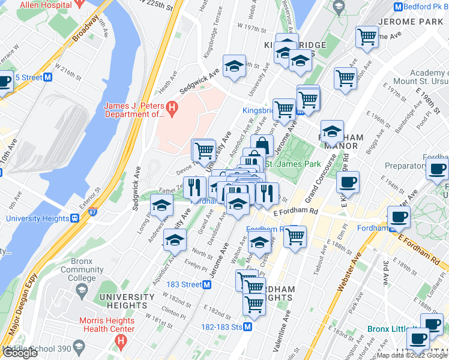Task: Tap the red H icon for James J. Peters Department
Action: coord(172,109)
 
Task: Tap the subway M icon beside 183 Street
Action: coord(206,284)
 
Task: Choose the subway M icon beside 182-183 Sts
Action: coord(247,327)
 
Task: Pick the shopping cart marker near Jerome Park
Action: coord(367,37)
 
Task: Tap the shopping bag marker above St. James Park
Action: coord(262,145)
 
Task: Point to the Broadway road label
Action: coord(85,29)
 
